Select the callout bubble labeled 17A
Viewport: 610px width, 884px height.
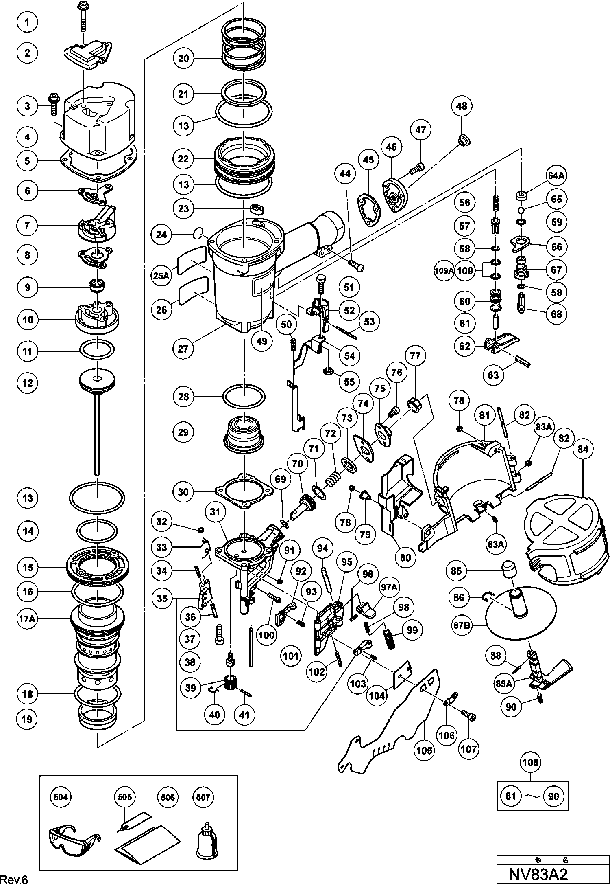click(x=27, y=619)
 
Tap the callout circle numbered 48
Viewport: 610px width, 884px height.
click(x=462, y=106)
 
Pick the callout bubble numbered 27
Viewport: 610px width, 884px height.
click(x=183, y=349)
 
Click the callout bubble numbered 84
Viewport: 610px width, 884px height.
click(x=583, y=449)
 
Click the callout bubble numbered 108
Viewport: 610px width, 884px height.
click(x=531, y=762)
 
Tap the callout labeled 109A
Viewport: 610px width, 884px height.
click(x=444, y=270)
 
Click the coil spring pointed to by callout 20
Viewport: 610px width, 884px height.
click(x=244, y=41)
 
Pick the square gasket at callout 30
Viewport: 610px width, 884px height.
click(x=244, y=491)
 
